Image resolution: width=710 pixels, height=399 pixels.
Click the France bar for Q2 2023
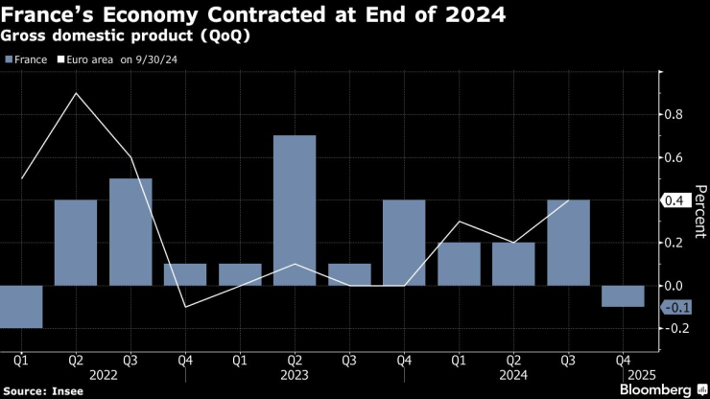295,210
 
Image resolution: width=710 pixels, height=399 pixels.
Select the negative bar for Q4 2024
623,295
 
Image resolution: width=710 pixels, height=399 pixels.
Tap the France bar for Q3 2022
130,231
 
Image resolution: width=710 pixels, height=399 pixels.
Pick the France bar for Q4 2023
404,242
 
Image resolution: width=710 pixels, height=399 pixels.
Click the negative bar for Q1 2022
20,306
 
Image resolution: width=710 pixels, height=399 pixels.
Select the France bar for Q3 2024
568,242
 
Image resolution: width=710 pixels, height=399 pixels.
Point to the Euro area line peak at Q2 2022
76,93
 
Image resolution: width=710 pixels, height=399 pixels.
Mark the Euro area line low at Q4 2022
185,306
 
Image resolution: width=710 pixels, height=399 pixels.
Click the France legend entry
28,59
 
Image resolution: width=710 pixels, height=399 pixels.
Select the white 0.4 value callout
675,200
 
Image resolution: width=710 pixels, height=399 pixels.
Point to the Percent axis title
699,211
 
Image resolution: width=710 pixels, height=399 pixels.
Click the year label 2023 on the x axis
295,376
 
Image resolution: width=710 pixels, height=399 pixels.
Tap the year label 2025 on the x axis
623,376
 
